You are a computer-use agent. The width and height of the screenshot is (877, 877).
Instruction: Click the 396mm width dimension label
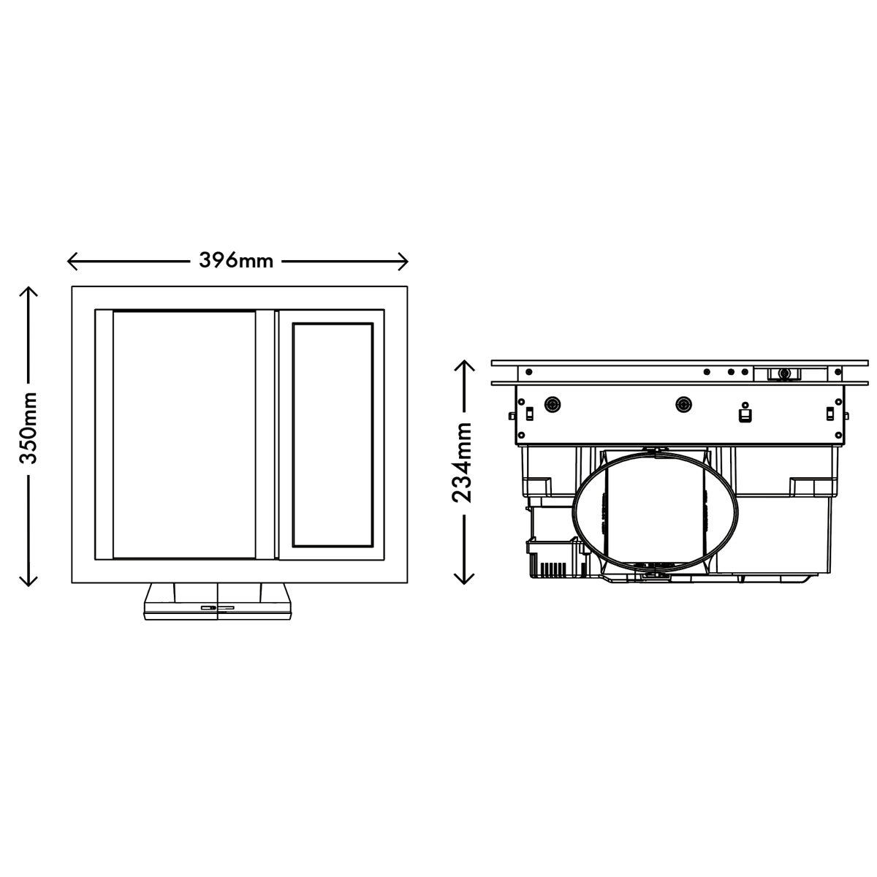(x=236, y=261)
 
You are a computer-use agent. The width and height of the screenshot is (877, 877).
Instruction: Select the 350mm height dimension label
(x=29, y=428)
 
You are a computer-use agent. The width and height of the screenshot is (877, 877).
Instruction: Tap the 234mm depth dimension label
(x=463, y=463)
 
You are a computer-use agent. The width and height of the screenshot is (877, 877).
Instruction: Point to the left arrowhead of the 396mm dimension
(x=72, y=261)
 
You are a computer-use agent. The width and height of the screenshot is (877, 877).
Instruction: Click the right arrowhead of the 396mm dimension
(x=403, y=261)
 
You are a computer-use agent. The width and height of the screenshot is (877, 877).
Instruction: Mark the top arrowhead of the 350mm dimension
(x=29, y=292)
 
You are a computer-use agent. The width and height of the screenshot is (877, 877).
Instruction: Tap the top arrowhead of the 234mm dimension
(x=464, y=365)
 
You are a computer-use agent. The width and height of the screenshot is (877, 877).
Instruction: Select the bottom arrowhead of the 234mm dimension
(x=464, y=579)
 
